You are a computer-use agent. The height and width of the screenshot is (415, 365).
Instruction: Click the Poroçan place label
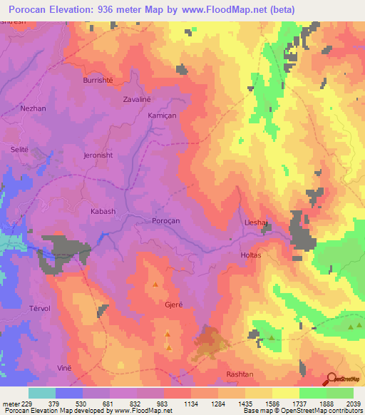(x=166, y=221)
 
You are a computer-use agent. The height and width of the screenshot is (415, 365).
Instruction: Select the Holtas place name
(x=250, y=255)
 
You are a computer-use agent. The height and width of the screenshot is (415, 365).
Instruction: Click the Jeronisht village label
(x=98, y=155)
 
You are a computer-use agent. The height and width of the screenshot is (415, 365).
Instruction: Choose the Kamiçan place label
(x=160, y=115)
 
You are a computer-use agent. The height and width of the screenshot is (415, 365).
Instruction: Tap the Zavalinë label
(x=138, y=100)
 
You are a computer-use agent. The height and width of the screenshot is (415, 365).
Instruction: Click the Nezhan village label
(x=34, y=109)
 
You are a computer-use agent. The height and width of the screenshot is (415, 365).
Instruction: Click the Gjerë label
(x=174, y=304)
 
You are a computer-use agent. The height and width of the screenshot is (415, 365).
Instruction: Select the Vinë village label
(x=64, y=366)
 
